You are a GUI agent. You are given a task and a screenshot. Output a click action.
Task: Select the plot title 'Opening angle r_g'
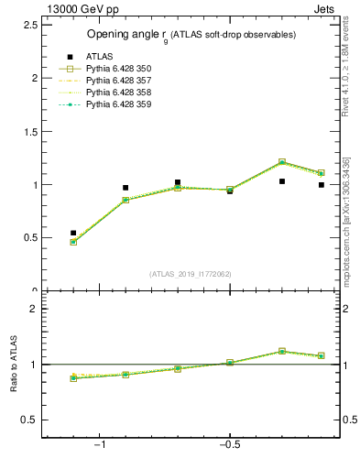[191, 35]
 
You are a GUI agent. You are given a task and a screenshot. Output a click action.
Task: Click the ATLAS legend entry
[99, 57]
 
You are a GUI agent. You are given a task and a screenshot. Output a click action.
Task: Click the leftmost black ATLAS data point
[73, 233]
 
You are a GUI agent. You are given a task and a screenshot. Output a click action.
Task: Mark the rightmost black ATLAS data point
[322, 184]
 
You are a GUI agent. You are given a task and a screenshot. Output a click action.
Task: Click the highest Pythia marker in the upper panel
[282, 162]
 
